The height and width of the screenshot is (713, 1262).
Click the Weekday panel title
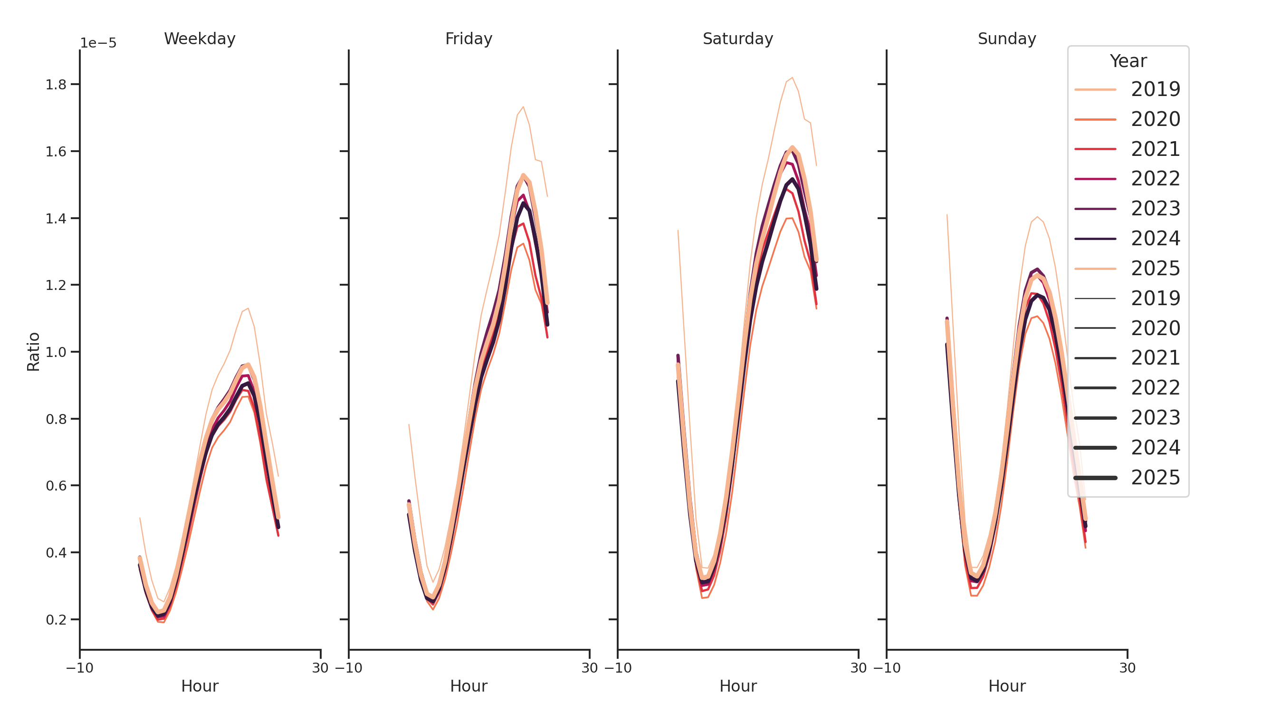200,39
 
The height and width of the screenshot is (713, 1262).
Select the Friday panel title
468,39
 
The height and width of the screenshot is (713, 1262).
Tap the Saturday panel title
737,39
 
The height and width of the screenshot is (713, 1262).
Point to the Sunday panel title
1006,39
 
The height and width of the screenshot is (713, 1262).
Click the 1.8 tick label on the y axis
56,85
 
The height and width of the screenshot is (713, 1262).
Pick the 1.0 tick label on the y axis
56,352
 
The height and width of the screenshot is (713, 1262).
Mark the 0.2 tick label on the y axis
56,620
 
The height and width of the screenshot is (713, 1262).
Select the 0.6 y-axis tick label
56,486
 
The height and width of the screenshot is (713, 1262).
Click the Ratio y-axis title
33,352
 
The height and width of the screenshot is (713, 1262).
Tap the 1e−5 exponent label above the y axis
98,43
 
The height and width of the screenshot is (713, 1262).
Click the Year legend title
1128,61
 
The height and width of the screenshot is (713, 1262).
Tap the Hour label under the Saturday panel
737,686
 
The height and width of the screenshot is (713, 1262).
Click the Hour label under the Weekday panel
200,686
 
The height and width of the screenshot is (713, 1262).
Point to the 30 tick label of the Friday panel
589,668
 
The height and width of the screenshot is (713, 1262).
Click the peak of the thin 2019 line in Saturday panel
792,77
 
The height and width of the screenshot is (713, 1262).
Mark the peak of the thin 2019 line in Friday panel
523,107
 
